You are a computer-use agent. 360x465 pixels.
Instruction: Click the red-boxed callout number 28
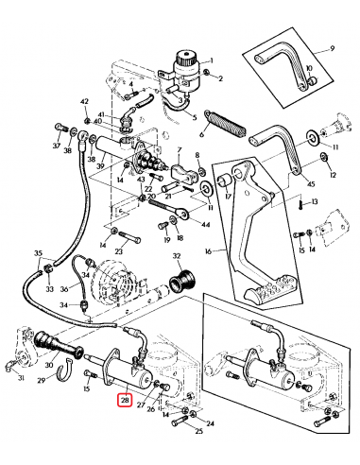(x=126, y=401)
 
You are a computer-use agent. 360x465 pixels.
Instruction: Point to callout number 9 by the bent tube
(x=333, y=49)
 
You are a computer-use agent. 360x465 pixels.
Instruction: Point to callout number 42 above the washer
(x=84, y=102)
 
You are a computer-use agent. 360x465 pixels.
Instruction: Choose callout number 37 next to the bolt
(x=56, y=146)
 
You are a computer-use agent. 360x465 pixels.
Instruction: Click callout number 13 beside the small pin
(x=315, y=201)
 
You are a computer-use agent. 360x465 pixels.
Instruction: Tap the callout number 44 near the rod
(x=206, y=225)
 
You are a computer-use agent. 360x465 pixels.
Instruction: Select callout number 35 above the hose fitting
(x=39, y=254)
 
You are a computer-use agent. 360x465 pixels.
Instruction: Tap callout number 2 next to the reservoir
(x=220, y=77)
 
